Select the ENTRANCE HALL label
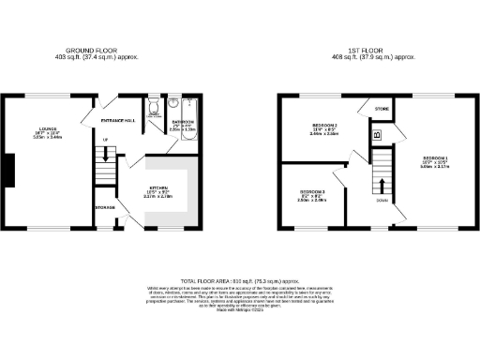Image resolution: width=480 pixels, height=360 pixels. [119, 121]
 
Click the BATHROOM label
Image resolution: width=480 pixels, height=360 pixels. [182, 122]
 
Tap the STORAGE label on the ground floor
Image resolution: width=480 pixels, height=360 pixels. [104, 207]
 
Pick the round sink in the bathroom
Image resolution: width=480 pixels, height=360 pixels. [176, 104]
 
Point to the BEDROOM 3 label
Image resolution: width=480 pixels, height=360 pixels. [311, 191]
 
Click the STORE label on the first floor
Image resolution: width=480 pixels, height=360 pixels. [382, 111]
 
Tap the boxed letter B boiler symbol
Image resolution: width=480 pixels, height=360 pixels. [376, 135]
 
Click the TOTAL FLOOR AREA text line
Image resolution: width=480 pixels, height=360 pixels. [239, 279]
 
